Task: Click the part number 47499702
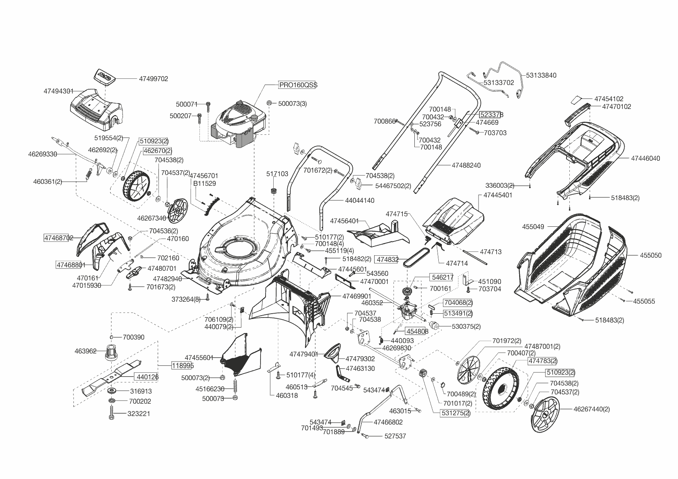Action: coord(153,79)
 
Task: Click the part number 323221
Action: coord(139,414)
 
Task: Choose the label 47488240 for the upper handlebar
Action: coord(466,165)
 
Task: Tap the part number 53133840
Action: coord(541,75)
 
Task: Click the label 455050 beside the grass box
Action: coord(651,255)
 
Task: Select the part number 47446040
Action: coord(646,158)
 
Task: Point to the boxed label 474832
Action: coord(387,260)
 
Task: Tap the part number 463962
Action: coord(85,351)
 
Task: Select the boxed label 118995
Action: coord(182,365)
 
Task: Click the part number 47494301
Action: coord(58,92)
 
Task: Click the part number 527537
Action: coord(395,436)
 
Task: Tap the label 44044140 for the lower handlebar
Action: coord(360,201)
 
